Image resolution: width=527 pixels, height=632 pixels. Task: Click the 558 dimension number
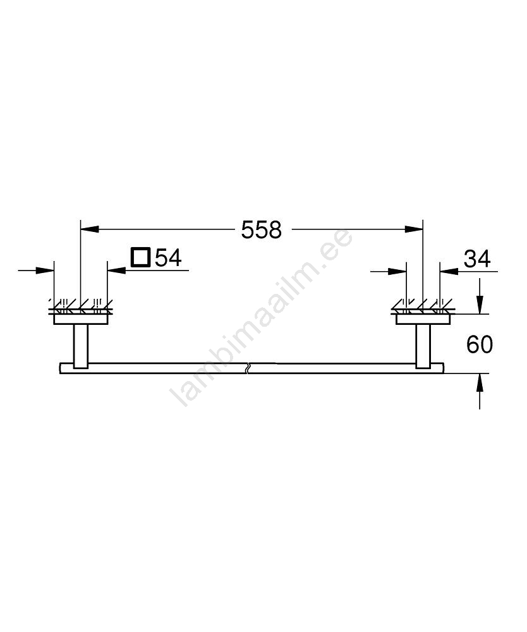(x=261, y=230)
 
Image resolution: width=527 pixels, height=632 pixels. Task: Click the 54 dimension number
(x=169, y=258)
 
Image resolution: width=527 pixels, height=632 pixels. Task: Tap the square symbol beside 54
(x=141, y=258)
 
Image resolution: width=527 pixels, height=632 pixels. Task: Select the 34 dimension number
(x=477, y=258)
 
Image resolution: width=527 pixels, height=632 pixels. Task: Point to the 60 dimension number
(x=480, y=344)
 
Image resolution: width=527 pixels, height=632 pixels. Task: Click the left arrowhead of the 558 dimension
(x=90, y=229)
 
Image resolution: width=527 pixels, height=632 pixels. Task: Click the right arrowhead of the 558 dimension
(x=414, y=229)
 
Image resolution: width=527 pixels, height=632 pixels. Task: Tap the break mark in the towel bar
(x=248, y=368)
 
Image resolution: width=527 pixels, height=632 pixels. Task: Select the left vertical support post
(x=81, y=346)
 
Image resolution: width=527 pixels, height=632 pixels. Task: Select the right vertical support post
(x=423, y=346)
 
